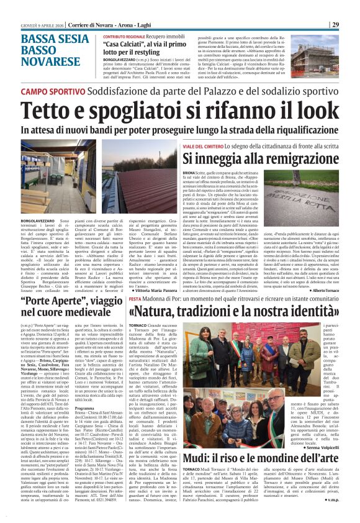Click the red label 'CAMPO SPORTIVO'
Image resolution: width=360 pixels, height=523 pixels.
pos(52,91)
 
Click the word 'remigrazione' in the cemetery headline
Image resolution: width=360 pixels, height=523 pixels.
pos(294,158)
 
